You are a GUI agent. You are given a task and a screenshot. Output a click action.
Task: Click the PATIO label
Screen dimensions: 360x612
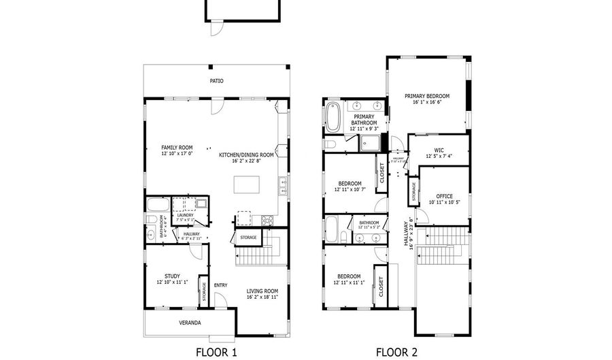[x=216, y=81]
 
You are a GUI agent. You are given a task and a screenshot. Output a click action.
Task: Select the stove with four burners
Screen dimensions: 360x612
[x=266, y=220]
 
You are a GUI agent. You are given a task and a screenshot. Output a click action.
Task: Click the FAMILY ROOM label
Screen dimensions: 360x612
[x=177, y=148]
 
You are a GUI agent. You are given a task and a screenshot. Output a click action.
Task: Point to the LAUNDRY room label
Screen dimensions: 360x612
[x=185, y=215]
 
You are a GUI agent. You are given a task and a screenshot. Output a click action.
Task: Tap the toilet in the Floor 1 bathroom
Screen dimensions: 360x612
[x=150, y=219]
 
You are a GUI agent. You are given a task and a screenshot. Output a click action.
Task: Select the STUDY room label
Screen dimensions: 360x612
[x=172, y=276]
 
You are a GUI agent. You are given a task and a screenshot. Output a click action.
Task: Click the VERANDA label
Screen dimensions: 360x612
[x=190, y=323]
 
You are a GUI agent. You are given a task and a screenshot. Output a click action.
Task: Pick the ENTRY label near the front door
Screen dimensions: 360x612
[x=221, y=285]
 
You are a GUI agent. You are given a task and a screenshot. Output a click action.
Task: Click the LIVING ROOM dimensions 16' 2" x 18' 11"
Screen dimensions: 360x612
[x=262, y=297]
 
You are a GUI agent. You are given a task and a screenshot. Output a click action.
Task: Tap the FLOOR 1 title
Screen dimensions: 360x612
[x=216, y=352]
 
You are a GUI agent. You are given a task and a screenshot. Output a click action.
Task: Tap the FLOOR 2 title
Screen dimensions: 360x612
[x=397, y=352]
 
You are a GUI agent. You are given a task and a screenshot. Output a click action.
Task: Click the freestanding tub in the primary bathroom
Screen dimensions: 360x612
[x=333, y=117]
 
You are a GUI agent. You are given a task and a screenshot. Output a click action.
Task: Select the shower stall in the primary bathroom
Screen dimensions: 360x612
[x=371, y=143]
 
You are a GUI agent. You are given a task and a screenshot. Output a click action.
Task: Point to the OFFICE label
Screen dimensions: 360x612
[x=444, y=196]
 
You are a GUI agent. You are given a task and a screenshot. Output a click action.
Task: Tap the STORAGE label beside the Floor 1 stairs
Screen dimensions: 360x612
[x=248, y=238]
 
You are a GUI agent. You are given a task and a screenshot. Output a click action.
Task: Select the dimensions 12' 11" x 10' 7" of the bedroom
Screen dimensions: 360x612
[x=350, y=190]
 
